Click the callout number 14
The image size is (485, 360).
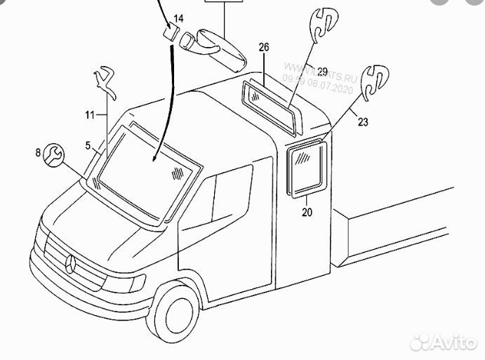pos(178,17)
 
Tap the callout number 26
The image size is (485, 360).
pos(264,47)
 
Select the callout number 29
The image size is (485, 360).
pos(322,71)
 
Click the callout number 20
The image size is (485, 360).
pos(307,211)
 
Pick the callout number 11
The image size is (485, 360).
pos(90,114)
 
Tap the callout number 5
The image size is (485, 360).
pos(88,146)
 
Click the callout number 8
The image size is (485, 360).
pos(38,151)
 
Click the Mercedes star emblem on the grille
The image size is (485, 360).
pos(71,265)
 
